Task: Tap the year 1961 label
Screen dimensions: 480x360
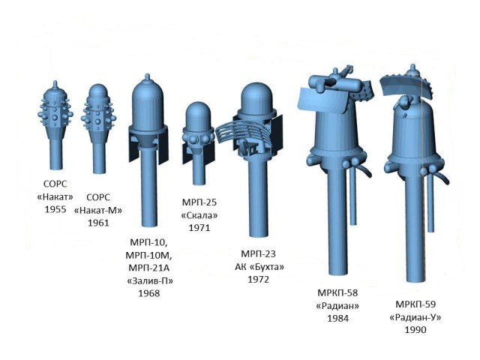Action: (98, 223)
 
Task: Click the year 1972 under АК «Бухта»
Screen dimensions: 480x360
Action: (258, 280)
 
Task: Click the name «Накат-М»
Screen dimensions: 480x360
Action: (98, 209)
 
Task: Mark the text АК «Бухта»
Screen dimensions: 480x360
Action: (258, 267)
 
